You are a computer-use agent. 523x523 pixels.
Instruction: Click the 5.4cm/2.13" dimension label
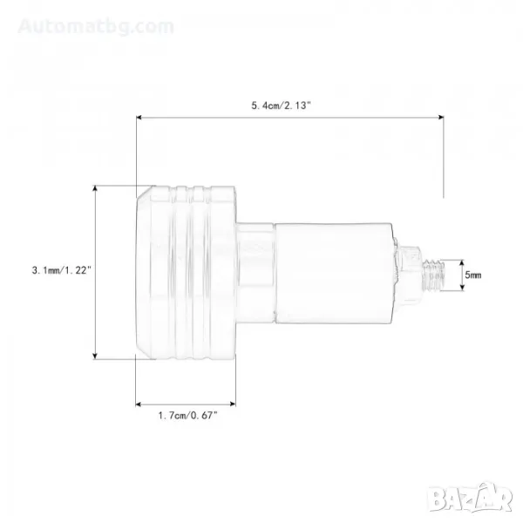pyautogui.click(x=281, y=105)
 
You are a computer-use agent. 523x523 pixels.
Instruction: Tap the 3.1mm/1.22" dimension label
pyautogui.click(x=62, y=270)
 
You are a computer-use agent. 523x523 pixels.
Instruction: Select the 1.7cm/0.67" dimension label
pyautogui.click(x=187, y=415)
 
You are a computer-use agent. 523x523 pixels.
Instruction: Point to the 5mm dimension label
pyautogui.click(x=473, y=275)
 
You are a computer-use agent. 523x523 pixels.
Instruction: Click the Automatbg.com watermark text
pyautogui.click(x=96, y=26)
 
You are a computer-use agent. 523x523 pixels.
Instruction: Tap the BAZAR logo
pyautogui.click(x=471, y=499)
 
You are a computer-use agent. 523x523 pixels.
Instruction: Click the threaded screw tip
pyautogui.click(x=433, y=275)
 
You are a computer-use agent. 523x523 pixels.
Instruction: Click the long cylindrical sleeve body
pyautogui.click(x=334, y=273)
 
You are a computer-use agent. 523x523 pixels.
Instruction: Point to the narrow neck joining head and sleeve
pyautogui.click(x=255, y=273)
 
